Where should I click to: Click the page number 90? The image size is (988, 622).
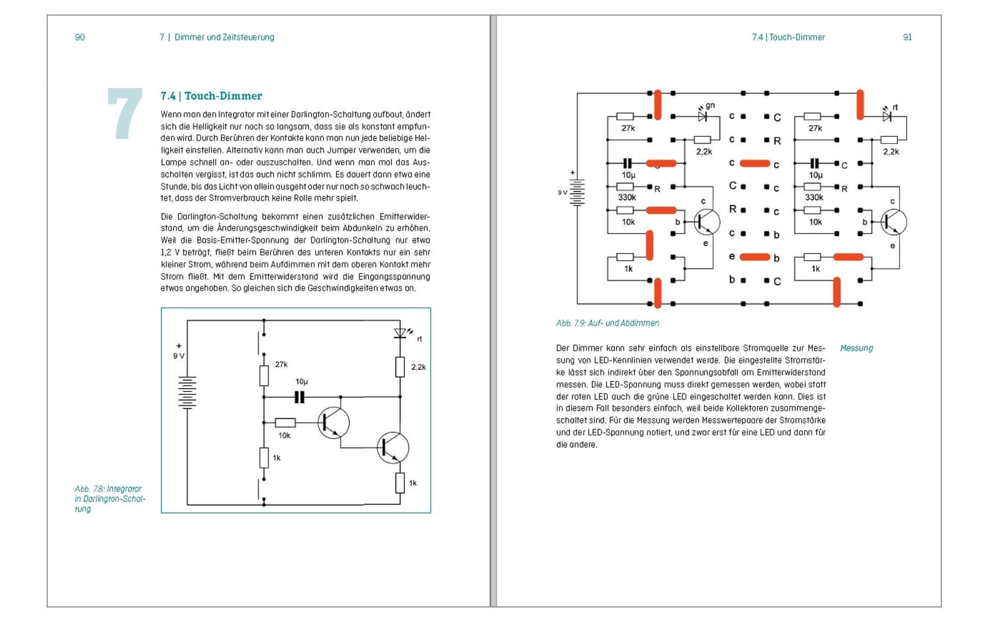[x=80, y=37]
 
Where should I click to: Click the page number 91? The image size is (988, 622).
[x=907, y=37]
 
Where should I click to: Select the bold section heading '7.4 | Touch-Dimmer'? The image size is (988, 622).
[x=211, y=96]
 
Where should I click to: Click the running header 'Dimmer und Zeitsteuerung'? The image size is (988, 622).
[x=224, y=37]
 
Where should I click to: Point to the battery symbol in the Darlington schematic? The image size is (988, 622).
[x=187, y=392]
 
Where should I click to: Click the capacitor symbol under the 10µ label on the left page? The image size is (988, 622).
[x=299, y=397]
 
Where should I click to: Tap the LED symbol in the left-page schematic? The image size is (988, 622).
[x=400, y=333]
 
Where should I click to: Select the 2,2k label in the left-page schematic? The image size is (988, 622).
[x=418, y=367]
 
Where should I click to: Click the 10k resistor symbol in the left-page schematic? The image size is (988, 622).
[x=285, y=422]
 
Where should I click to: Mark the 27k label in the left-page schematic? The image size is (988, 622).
[x=281, y=364]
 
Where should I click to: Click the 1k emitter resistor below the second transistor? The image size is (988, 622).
[x=400, y=483]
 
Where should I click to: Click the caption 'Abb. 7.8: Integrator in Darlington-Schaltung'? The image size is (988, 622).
[x=109, y=499]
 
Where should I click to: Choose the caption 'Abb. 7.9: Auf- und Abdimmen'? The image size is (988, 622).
[x=608, y=323]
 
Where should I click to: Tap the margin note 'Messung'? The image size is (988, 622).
[x=856, y=348]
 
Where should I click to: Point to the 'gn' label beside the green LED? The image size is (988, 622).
[x=710, y=105]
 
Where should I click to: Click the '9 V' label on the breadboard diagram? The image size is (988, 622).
[x=562, y=192]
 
